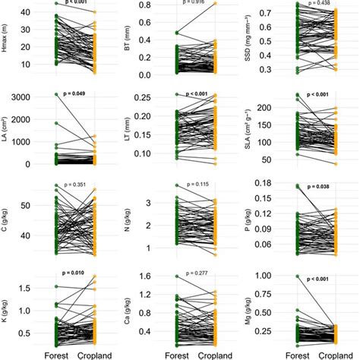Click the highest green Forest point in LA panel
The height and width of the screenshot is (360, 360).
(56, 95)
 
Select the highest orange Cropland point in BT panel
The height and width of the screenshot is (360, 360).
(214, 4)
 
